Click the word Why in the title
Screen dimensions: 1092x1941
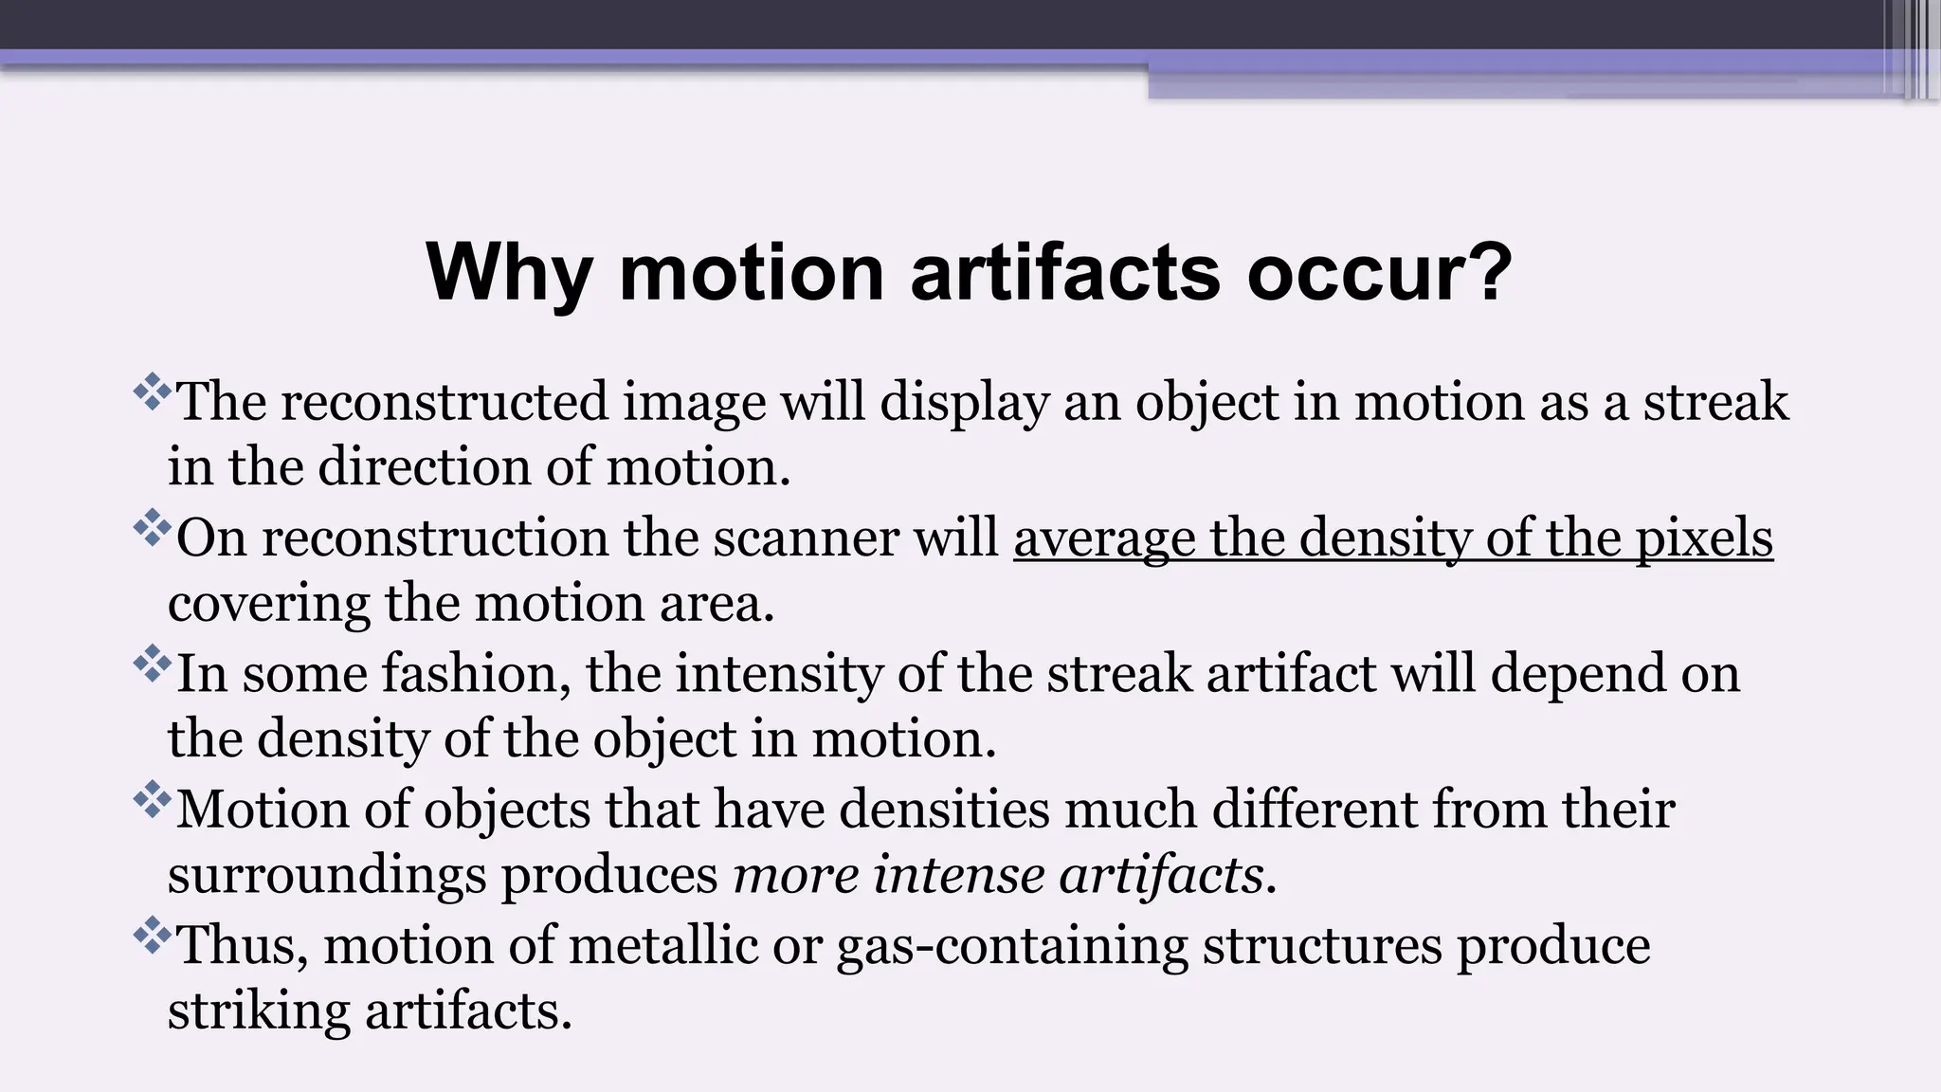(509, 274)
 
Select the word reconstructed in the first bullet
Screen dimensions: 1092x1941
(444, 402)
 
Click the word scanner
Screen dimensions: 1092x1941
(805, 538)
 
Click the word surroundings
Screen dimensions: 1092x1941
(326, 876)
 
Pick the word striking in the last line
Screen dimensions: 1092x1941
(259, 1011)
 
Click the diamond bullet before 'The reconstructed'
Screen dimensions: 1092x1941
(152, 391)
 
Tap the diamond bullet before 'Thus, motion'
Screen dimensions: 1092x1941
(152, 936)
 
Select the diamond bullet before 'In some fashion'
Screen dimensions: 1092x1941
(152, 664)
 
